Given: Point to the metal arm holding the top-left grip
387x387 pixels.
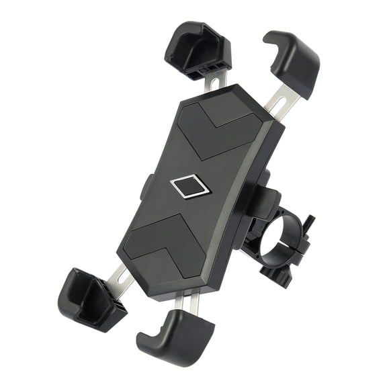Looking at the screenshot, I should point(214,82).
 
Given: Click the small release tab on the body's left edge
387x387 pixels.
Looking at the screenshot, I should point(144,187).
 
